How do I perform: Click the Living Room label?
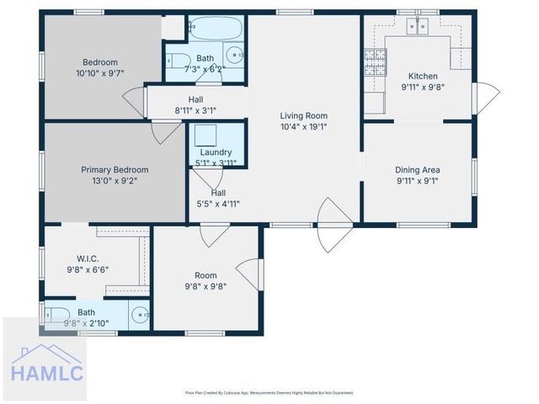[303, 116]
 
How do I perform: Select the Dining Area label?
[418, 169]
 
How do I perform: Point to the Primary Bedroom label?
[115, 169]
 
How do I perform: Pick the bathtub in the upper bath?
[216, 29]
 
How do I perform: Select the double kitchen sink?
[418, 26]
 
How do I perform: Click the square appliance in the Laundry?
[205, 136]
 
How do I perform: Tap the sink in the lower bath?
[141, 316]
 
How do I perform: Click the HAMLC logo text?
[47, 371]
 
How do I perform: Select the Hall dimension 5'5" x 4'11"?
[218, 204]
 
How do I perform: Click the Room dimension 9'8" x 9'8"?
[205, 286]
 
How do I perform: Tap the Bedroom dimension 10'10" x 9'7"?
[99, 73]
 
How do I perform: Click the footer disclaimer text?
[269, 392]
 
